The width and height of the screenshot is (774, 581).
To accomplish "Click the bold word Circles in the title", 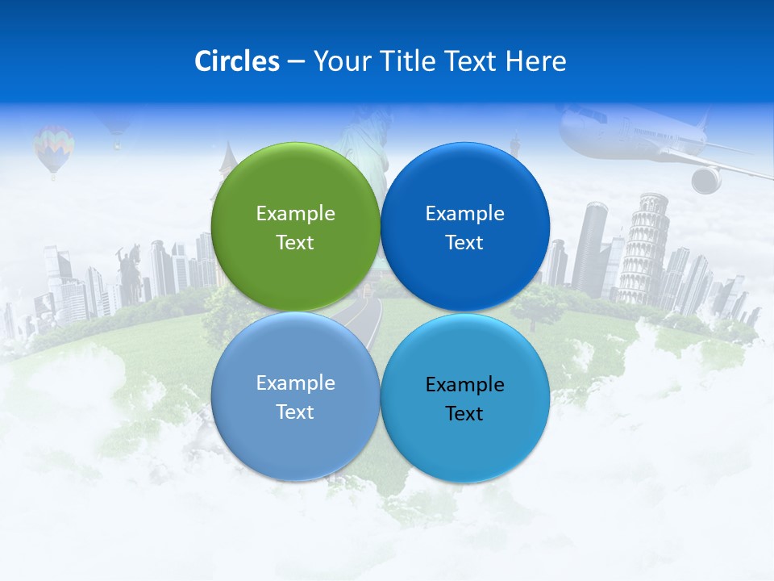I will pos(237,61).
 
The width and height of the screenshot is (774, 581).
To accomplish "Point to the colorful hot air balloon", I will pos(54,148).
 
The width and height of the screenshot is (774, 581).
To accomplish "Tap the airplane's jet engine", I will pos(706,179).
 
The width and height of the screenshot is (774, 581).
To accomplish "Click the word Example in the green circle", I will pos(295,213).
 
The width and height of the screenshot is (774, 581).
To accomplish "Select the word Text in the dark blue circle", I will pos(464,243).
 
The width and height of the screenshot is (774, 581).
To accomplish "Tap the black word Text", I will pos(464,414).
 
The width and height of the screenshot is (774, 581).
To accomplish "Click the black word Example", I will pos(464,385).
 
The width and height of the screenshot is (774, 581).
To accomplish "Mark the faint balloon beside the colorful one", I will pos(117,129).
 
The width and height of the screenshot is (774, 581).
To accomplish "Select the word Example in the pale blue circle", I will pos(295,383).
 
